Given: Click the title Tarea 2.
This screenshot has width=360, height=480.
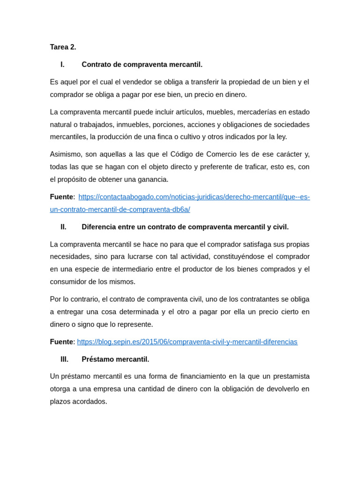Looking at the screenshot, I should pos(63,47).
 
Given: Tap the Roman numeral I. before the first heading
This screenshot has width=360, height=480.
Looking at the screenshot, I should pos(62,65).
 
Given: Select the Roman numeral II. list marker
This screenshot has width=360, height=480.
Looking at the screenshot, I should pos(63,227).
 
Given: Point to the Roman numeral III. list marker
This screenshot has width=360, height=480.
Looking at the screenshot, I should pos(64,360).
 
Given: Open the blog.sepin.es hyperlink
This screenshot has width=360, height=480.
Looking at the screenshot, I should pos(187,342).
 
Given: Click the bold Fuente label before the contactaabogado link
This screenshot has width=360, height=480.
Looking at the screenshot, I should pos(61,197).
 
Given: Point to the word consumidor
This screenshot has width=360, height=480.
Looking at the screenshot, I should pos(70,282).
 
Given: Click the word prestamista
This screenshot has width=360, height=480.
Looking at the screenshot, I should pos(291,376).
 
